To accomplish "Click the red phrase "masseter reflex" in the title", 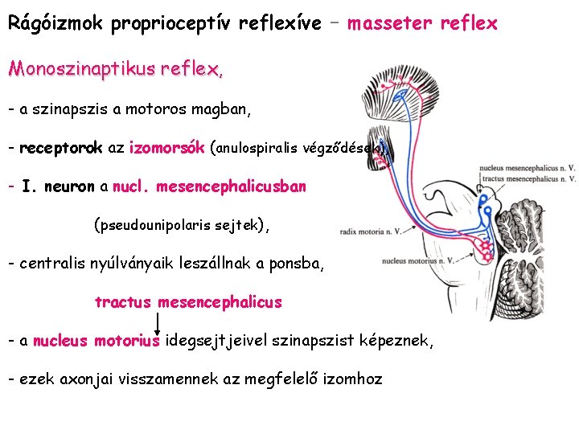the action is pos(422,23).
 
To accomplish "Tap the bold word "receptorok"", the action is pos(61,148).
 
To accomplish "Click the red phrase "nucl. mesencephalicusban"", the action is pos(210,186).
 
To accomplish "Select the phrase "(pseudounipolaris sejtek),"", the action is pos(183,225).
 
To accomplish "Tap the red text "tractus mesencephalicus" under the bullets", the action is pos(188,302).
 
